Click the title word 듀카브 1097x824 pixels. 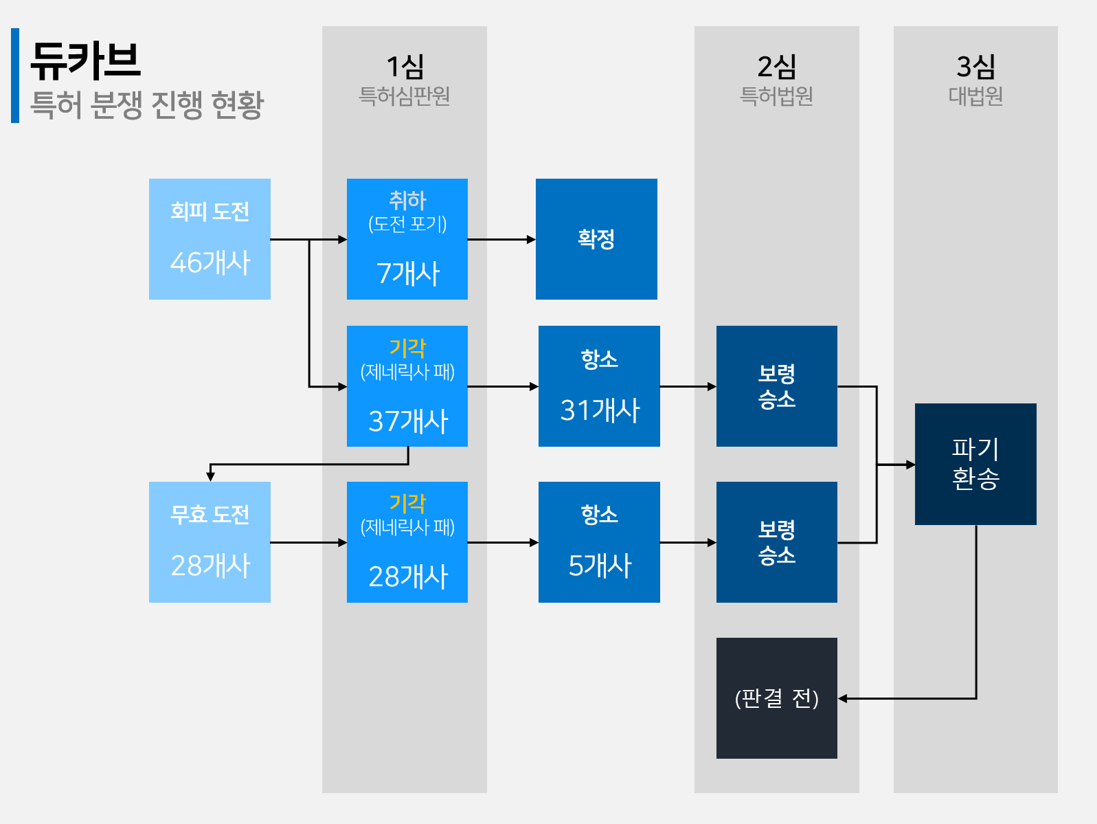point(85,60)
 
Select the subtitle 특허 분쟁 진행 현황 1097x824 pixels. point(147,104)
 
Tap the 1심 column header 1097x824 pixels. point(405,67)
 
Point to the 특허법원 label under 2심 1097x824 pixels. point(776,96)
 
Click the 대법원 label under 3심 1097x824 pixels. point(975,96)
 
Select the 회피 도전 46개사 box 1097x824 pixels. point(210,239)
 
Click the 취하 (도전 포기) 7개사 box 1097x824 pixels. point(407,239)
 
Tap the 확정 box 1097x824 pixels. point(596,239)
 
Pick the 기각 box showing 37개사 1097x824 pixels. point(407,386)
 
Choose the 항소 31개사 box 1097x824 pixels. point(599,386)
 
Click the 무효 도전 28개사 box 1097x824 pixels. point(210,542)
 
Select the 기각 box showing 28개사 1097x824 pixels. point(407,542)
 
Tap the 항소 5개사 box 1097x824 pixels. point(599,542)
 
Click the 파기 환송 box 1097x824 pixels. point(975,465)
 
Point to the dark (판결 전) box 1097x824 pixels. point(776,698)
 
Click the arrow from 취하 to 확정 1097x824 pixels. point(501,240)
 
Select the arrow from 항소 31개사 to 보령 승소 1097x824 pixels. point(688,387)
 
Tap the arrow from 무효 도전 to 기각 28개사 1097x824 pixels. point(308,543)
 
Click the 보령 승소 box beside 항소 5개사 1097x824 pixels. point(776,542)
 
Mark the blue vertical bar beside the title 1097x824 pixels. point(15,76)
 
